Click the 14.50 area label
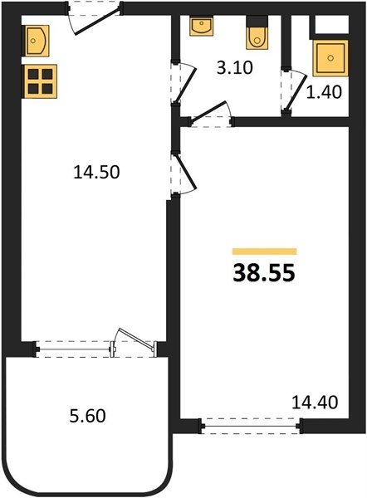pyautogui.click(x=96, y=172)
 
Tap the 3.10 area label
pyautogui.click(x=235, y=68)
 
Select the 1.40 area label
pyautogui.click(x=324, y=92)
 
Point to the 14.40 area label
pyautogui.click(x=315, y=402)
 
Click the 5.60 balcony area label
pyautogui.click(x=87, y=416)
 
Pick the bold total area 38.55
pyautogui.click(x=264, y=273)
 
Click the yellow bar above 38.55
pyautogui.click(x=264, y=251)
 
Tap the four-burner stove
pyautogui.click(x=40, y=81)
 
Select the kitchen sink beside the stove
pyautogui.click(x=36, y=41)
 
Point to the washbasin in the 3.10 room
pyautogui.click(x=202, y=27)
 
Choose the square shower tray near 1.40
pyautogui.click(x=330, y=58)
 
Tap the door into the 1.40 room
pyautogui.click(x=294, y=90)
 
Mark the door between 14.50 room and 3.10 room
pyautogui.click(x=183, y=82)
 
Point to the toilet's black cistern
pyautogui.click(x=257, y=21)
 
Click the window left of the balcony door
pyautogui.click(x=74, y=349)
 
